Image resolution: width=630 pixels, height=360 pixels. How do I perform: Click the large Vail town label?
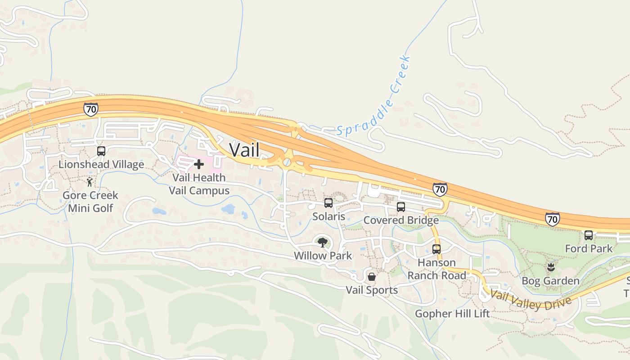(244, 150)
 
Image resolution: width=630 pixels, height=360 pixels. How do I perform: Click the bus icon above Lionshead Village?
(101, 151)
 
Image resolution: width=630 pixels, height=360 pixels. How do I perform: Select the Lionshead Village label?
(101, 164)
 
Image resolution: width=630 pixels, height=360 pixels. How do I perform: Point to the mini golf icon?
(90, 182)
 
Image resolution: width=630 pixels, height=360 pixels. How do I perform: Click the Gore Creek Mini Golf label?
(90, 202)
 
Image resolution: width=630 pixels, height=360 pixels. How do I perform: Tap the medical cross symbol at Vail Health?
(198, 164)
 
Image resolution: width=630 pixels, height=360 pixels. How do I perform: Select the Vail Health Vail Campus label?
(199, 184)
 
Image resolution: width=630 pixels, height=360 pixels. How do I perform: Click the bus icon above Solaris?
(328, 203)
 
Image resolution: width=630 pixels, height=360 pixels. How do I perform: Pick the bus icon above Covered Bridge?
(401, 207)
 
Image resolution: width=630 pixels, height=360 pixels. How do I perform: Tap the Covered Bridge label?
(401, 220)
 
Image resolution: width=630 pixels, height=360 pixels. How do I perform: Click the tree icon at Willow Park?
(323, 243)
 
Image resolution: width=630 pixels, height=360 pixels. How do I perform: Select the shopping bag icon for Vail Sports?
(372, 276)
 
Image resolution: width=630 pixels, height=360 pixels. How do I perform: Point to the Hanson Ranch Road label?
(436, 269)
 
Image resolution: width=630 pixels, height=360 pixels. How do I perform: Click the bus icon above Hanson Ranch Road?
(436, 249)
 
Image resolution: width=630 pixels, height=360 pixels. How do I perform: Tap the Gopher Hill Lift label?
(452, 313)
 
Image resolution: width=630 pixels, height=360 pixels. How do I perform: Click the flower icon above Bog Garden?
(550, 268)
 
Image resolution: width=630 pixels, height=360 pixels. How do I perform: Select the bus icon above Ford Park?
(588, 235)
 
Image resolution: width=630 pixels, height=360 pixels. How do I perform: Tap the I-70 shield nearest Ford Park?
(552, 219)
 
